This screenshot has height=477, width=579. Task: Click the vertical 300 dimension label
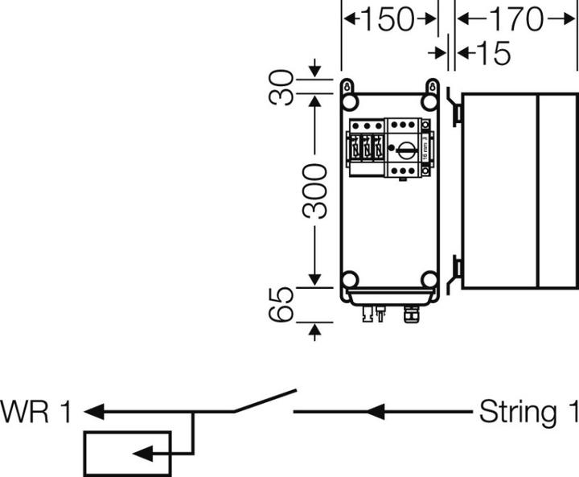coord(315,191)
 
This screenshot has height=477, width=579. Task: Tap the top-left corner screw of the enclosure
coord(350,103)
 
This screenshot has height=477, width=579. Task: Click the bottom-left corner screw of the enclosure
coord(350,280)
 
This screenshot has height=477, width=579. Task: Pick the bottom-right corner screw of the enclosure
coord(430,280)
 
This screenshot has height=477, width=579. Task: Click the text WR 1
coord(37,413)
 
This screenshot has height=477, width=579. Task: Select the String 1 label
coord(528,413)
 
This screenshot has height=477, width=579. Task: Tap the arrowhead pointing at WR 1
coord(93,413)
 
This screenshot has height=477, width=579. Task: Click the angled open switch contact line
coord(265,401)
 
